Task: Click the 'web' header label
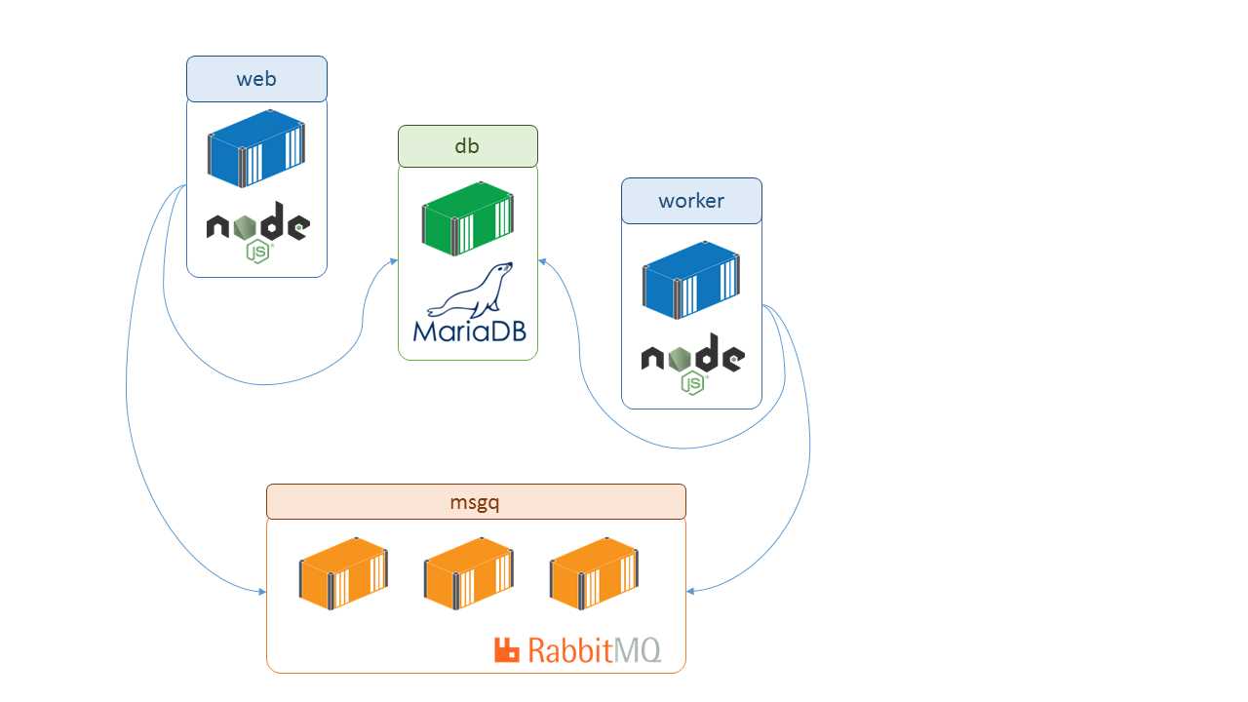256,79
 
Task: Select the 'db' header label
467,146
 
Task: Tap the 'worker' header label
691,201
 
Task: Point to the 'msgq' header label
475,502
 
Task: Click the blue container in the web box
256,148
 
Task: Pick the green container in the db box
467,218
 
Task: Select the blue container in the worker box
691,280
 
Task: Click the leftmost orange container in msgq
343,573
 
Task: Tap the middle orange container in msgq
468,573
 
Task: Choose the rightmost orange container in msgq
594,573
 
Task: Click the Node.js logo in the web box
257,230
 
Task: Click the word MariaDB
469,331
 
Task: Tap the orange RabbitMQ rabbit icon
507,650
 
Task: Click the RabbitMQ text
594,650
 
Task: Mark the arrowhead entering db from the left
394,259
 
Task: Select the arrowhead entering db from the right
542,260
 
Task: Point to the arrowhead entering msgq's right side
691,591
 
